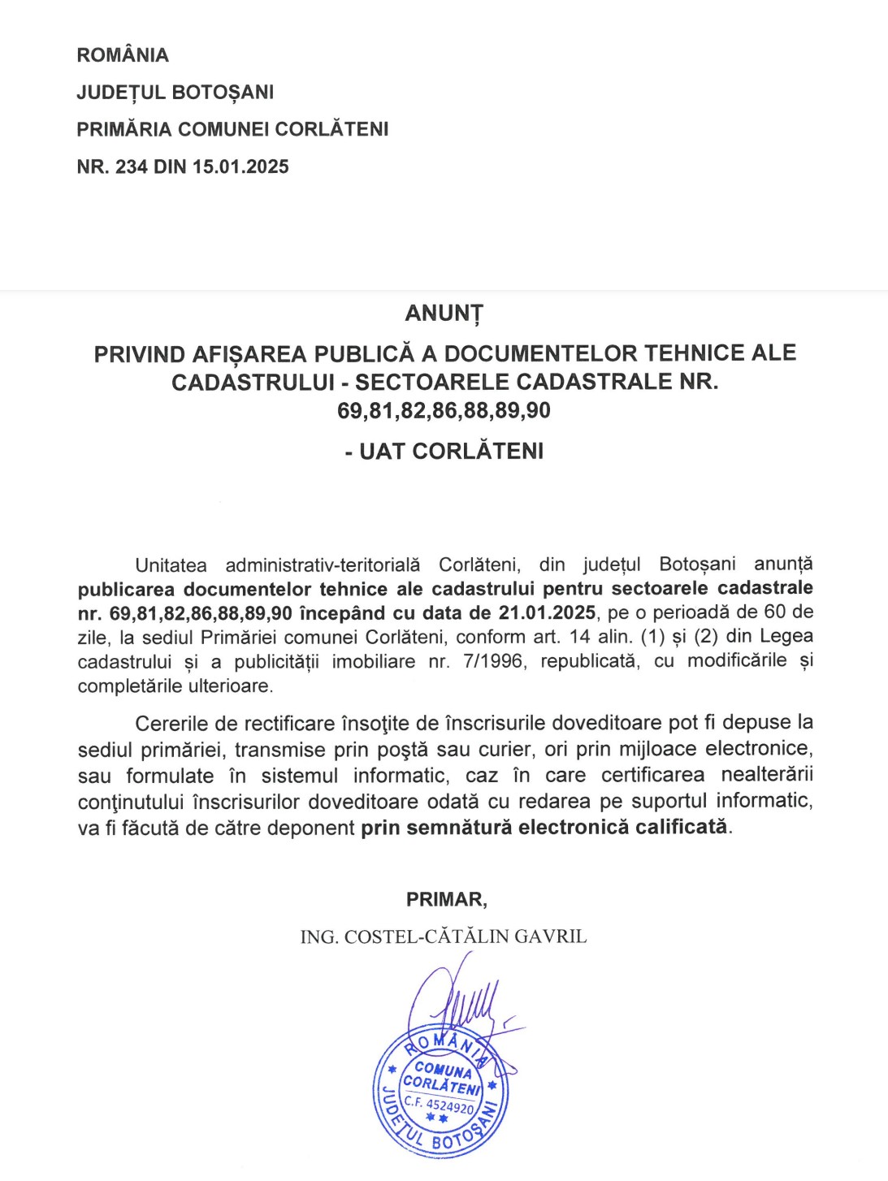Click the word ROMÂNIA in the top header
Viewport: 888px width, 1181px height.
pyautogui.click(x=123, y=55)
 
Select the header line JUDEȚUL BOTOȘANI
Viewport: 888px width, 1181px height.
pyautogui.click(x=175, y=93)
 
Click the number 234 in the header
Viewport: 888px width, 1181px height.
pyautogui.click(x=132, y=167)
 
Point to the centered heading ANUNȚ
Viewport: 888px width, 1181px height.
pyautogui.click(x=444, y=314)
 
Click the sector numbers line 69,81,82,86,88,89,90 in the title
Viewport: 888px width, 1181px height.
pyautogui.click(x=444, y=411)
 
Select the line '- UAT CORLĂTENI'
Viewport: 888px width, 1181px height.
pyautogui.click(x=444, y=452)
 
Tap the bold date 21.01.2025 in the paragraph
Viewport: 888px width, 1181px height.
pyautogui.click(x=547, y=612)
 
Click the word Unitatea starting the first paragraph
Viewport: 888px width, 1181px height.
pyautogui.click(x=171, y=565)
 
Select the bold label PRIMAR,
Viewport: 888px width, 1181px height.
pyautogui.click(x=446, y=899)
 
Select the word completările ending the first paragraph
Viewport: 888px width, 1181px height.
pyautogui.click(x=133, y=686)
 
